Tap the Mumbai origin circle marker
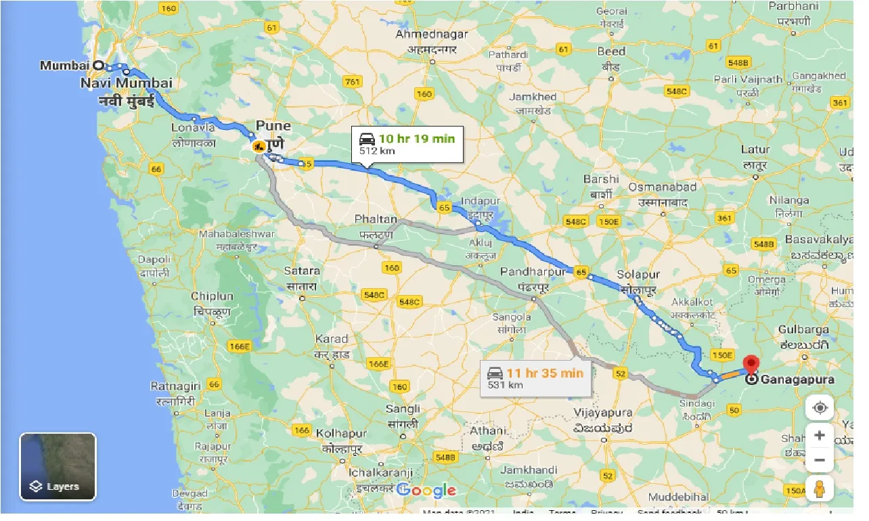coord(98,66)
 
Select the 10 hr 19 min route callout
coord(407,143)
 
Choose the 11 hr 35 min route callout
coord(536,378)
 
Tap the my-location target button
coord(820,408)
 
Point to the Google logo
coord(426,491)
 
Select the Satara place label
coord(302,271)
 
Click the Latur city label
coord(755,150)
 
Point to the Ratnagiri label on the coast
coord(175,386)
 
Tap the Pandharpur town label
coord(532,271)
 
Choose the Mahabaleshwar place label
coord(237,234)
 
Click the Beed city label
coord(610,51)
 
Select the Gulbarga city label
coord(803,330)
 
